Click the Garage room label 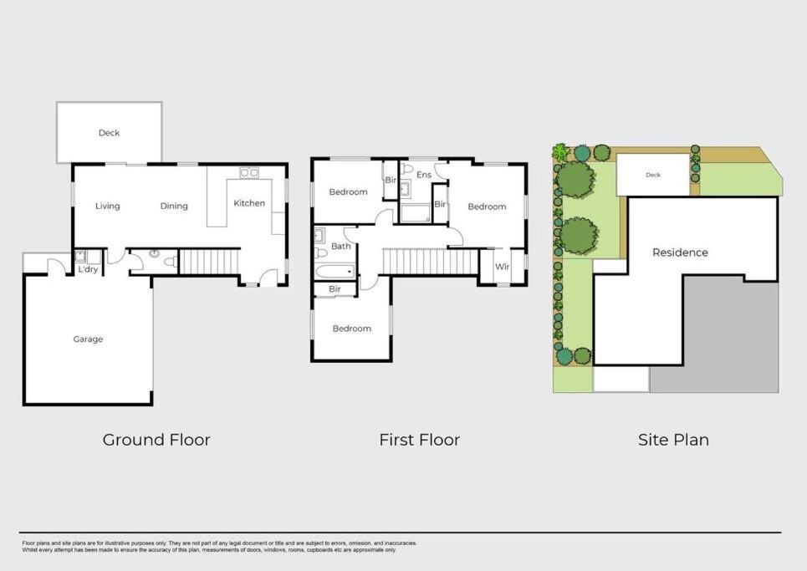click(88, 339)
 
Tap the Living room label click(108, 206)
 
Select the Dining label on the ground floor click(174, 206)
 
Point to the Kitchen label click(249, 203)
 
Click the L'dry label click(88, 269)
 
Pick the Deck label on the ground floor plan click(109, 133)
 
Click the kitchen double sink click(249, 172)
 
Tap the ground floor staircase click(209, 262)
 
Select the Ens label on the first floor click(424, 175)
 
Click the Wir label click(503, 267)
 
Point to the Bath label click(340, 247)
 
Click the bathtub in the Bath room click(335, 271)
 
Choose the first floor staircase click(431, 262)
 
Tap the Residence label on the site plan click(681, 252)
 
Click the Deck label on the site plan click(653, 175)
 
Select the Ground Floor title click(156, 440)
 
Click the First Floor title click(420, 440)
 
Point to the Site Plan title click(674, 440)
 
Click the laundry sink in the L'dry click(80, 256)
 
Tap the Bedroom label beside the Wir click(487, 206)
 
